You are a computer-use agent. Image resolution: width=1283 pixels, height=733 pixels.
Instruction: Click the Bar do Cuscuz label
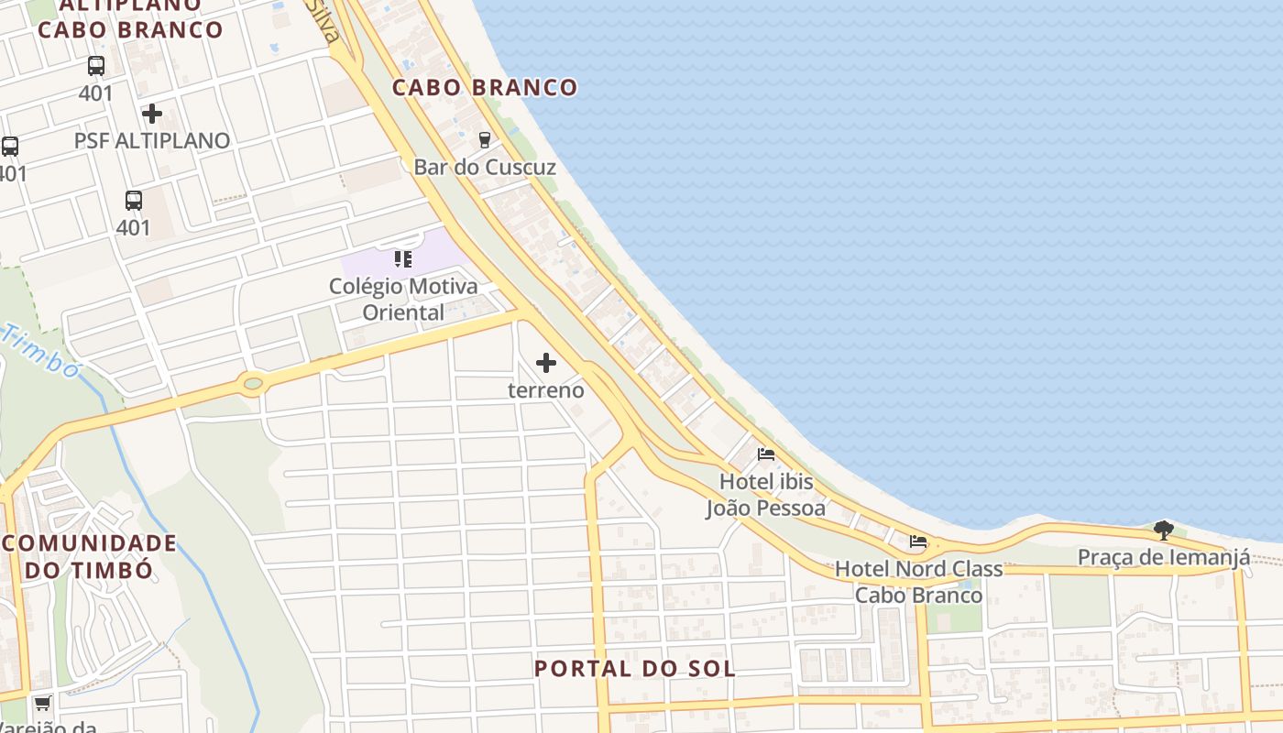click(485, 167)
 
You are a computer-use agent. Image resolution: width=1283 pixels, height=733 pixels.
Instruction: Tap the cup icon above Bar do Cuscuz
click(485, 140)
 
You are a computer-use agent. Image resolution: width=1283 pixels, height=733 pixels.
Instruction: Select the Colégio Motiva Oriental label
click(403, 299)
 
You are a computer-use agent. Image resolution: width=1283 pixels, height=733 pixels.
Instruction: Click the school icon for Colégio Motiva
click(403, 259)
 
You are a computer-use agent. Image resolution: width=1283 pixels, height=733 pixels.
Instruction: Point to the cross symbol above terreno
click(546, 363)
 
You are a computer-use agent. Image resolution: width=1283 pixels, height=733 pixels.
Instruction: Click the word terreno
click(546, 390)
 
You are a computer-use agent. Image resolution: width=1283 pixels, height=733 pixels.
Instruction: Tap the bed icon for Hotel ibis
click(766, 454)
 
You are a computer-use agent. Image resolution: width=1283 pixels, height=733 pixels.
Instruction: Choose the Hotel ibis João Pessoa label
click(766, 495)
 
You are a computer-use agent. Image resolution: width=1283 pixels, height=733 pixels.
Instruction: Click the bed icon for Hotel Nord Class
click(918, 542)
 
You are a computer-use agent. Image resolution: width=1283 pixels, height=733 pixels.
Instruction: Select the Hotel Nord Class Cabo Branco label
click(918, 582)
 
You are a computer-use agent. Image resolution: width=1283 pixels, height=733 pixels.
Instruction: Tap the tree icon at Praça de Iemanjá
click(1163, 530)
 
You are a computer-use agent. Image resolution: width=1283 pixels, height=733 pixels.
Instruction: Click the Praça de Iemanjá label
click(1163, 557)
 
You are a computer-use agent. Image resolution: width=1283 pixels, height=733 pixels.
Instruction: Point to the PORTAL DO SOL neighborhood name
click(635, 669)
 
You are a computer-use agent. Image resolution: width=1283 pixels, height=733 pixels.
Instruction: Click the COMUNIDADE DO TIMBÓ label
click(89, 556)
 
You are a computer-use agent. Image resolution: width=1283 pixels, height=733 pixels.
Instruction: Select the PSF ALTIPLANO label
click(152, 141)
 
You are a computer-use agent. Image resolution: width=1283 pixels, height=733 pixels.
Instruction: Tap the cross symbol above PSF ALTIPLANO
click(152, 114)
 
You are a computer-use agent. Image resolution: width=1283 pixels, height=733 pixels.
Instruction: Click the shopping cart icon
click(42, 704)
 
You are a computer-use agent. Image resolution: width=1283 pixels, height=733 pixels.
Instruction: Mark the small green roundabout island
click(254, 383)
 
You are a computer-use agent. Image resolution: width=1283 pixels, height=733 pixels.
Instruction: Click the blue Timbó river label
click(41, 350)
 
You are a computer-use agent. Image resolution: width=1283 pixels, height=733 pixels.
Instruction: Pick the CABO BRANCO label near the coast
click(485, 88)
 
